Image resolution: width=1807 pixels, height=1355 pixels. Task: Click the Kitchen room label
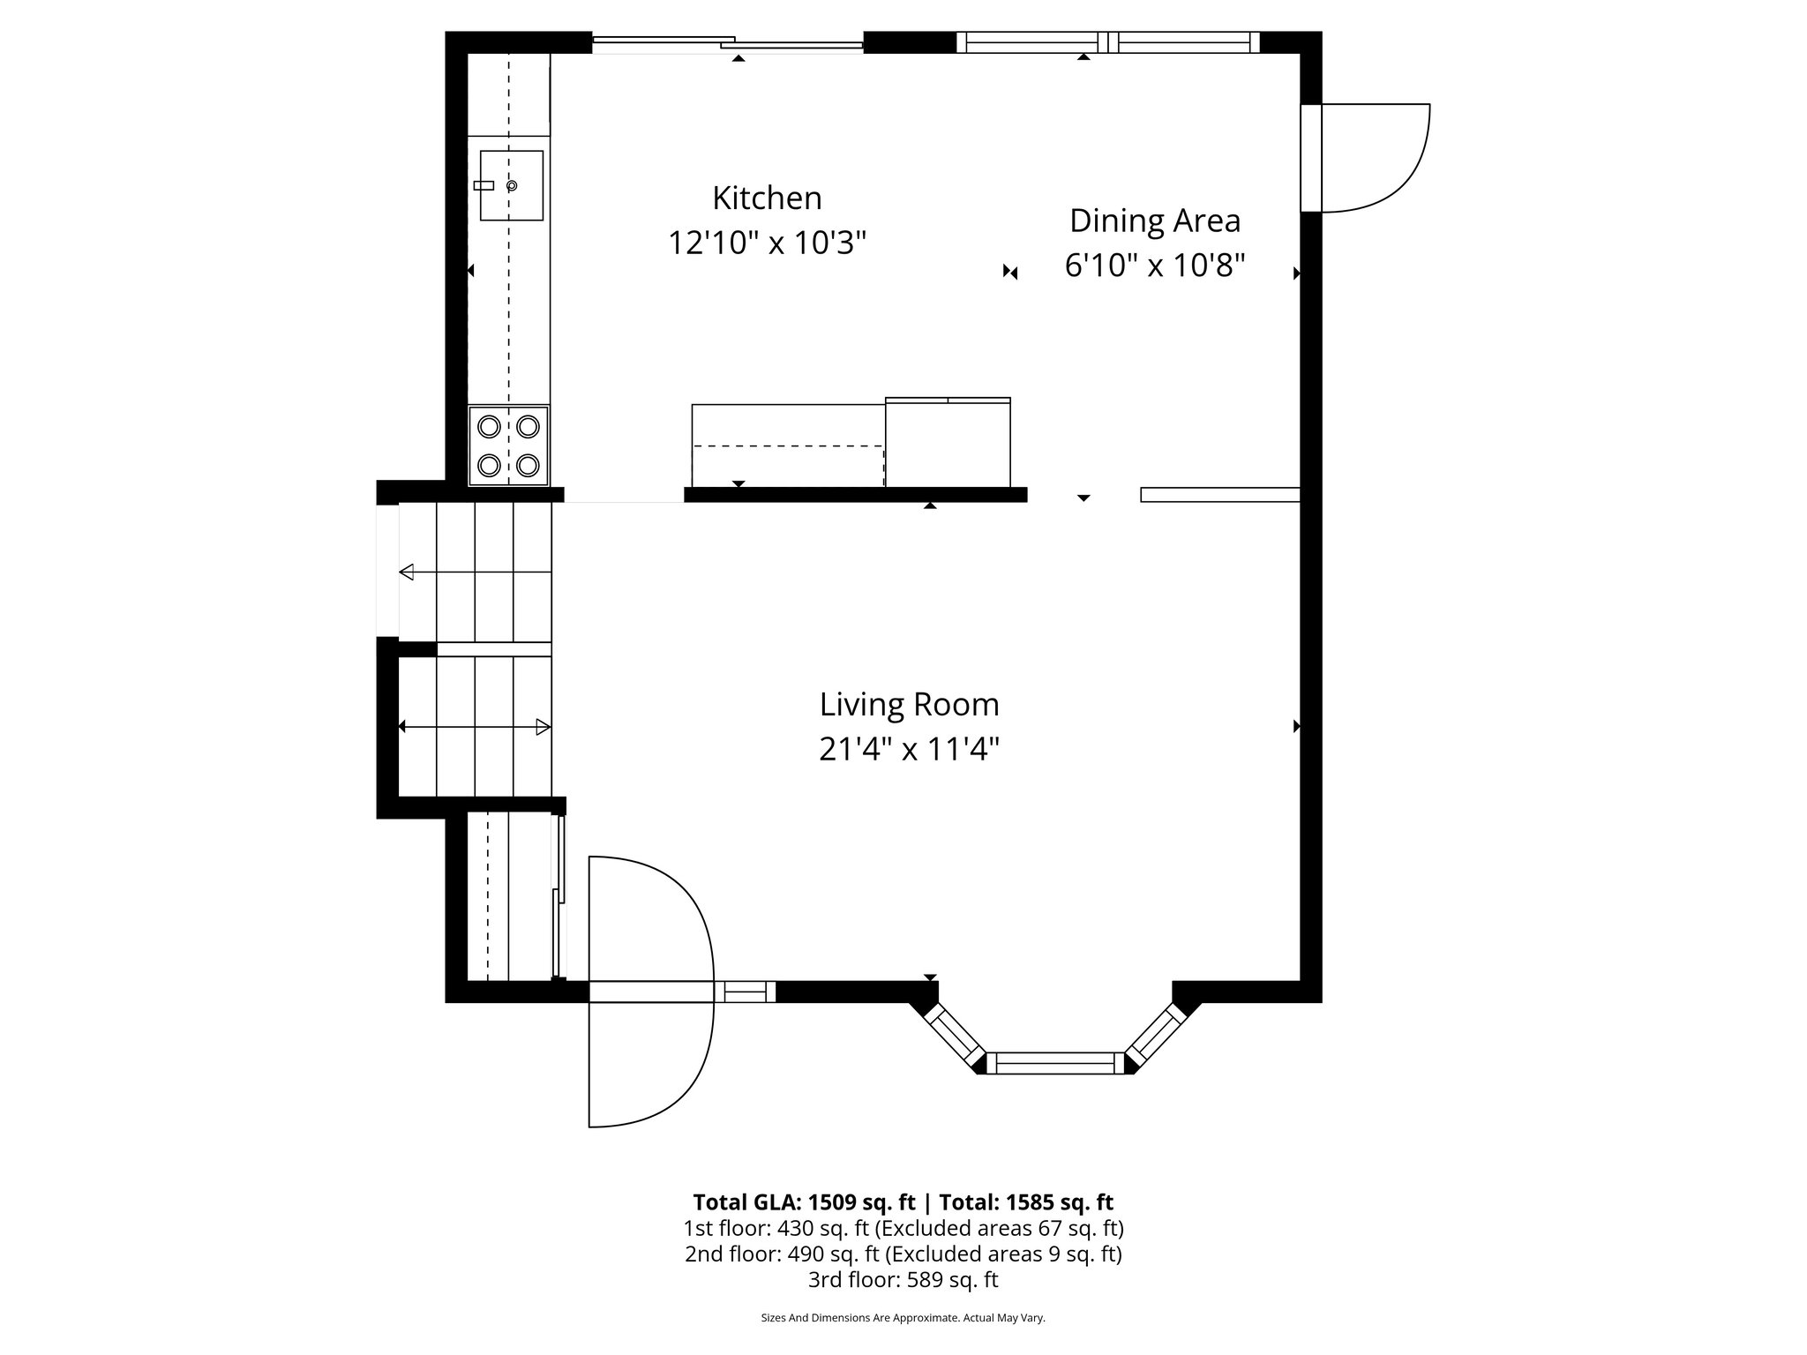coord(767,198)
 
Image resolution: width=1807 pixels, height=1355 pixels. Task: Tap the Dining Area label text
coord(1154,221)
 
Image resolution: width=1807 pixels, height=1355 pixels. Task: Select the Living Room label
coord(909,705)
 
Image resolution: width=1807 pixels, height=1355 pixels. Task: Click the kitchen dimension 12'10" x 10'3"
coord(767,243)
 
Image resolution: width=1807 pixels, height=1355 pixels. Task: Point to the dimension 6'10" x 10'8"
coord(1154,265)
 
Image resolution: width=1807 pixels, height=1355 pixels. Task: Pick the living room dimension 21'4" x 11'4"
coord(909,750)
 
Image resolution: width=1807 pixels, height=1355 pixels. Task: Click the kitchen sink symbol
coord(511,185)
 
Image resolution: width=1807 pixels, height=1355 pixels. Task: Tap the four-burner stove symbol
coord(508,445)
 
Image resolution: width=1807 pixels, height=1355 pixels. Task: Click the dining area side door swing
coord(1372,159)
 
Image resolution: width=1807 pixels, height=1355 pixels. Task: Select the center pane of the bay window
coord(1055,1063)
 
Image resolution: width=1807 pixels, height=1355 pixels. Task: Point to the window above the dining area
coord(1108,42)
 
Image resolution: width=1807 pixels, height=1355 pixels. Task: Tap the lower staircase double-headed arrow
coord(475,727)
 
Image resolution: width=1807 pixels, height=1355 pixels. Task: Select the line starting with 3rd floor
coord(903,1279)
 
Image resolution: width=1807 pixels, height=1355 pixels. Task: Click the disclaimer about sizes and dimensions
coord(903,1318)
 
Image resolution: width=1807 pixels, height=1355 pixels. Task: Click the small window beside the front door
coord(746,992)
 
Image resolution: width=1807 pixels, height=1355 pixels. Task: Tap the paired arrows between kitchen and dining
coord(1010,273)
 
